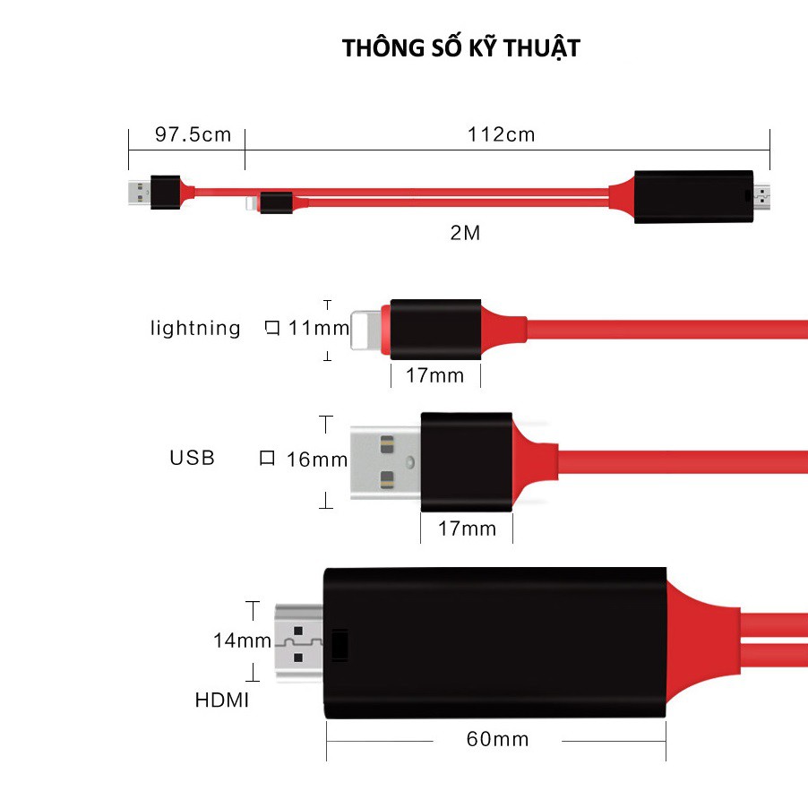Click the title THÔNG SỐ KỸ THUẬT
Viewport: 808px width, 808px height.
point(461,48)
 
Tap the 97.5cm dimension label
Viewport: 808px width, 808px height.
point(193,134)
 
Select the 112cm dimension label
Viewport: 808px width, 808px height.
point(502,135)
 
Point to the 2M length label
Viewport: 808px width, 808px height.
point(465,233)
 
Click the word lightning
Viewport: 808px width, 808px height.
point(195,328)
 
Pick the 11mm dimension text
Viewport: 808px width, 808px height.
point(319,328)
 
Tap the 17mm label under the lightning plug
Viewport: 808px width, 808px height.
point(435,375)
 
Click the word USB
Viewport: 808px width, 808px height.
point(193,458)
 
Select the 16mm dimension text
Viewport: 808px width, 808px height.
point(317,460)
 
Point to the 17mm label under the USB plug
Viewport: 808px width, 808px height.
point(467,529)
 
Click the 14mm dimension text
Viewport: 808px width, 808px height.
point(242,640)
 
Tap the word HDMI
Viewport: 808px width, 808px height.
point(222,701)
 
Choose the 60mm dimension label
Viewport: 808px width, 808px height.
point(498,739)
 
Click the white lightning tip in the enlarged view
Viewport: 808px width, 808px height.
point(366,330)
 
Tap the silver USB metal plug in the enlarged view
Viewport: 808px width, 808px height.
point(385,462)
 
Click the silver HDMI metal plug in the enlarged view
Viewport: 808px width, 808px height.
point(299,642)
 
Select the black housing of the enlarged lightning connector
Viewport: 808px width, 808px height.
point(435,330)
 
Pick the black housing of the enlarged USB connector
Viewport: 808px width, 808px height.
point(467,462)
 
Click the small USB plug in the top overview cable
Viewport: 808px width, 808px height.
point(139,193)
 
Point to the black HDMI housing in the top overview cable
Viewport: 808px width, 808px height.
point(693,196)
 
